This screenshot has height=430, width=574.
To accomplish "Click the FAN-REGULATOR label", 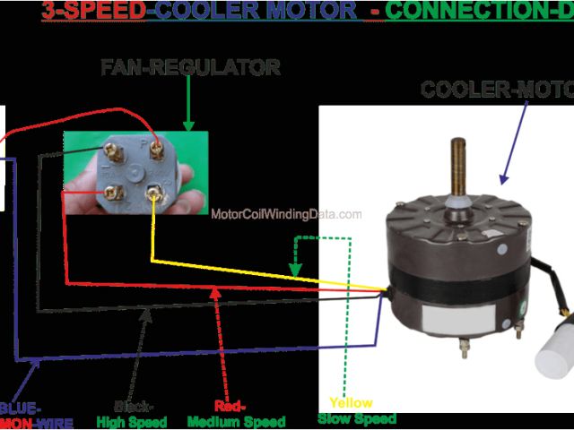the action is click(x=189, y=67).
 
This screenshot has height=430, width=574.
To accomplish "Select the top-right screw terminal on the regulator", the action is click(x=155, y=140).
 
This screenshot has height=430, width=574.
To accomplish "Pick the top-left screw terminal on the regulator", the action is click(x=113, y=146).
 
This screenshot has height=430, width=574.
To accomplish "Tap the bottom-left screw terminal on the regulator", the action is click(x=114, y=190).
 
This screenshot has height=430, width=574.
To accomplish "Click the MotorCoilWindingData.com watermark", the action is click(x=287, y=215).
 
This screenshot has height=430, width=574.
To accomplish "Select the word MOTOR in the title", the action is click(x=305, y=12).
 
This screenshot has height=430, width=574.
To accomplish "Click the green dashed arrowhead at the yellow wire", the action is click(x=293, y=270).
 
